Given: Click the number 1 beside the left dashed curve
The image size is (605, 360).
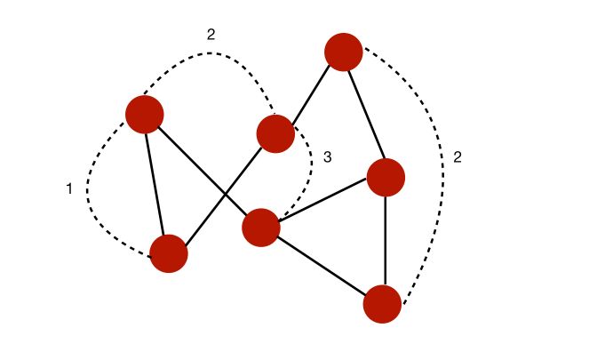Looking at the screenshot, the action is tap(69, 188).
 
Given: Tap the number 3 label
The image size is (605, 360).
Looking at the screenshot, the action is tap(327, 157).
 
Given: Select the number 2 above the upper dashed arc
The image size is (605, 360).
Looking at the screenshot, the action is tap(211, 36).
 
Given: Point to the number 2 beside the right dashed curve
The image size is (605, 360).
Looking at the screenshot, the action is tap(457, 157).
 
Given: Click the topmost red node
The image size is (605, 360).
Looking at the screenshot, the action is tap(344, 52).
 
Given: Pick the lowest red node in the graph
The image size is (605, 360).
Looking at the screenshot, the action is tap(383, 304).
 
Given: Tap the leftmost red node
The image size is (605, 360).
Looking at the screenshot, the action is tap(145, 115).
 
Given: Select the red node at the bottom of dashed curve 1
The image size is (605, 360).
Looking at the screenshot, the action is tap(169, 253).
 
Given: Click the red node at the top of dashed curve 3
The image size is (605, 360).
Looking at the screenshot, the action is tap(275, 134).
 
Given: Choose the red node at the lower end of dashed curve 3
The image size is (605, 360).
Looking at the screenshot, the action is tap(261, 228).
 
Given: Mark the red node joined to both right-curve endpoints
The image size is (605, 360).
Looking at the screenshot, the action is tap(386, 178).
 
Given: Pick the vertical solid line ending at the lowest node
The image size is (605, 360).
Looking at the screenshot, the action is tap(385, 240).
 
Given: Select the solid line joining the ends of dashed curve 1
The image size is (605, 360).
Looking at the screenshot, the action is tap(156, 184).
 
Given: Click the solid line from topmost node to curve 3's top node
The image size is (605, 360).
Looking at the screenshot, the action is tap(309, 93).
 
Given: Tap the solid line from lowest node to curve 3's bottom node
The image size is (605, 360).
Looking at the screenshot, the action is tap(322, 266).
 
